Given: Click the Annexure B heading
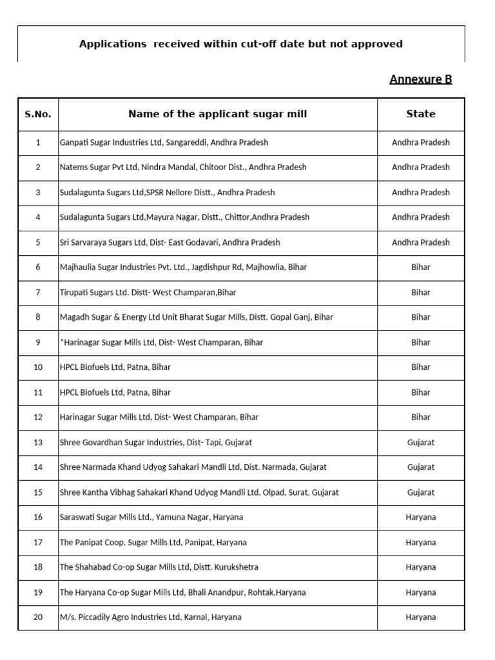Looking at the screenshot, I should [x=420, y=79].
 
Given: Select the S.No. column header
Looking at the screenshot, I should [x=38, y=114].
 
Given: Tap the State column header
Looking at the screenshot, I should [x=421, y=114].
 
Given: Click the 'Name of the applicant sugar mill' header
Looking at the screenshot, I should [x=217, y=114].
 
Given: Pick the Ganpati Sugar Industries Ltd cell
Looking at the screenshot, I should [x=164, y=142].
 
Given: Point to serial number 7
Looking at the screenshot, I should [x=38, y=293].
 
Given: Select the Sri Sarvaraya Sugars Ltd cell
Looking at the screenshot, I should [x=170, y=242].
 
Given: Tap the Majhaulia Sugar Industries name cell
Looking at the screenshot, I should [x=183, y=267].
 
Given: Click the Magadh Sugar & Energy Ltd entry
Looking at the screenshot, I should [x=196, y=317].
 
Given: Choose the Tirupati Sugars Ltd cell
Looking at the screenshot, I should [x=148, y=293].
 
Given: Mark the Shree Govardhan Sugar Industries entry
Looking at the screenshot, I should [x=155, y=442].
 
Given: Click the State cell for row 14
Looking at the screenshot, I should [x=421, y=467].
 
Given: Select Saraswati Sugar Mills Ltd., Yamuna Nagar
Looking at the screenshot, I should [x=151, y=517].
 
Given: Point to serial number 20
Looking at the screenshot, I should [x=38, y=617].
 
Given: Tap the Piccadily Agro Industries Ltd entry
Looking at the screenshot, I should [x=150, y=617].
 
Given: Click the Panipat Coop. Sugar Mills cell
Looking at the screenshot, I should [x=153, y=542].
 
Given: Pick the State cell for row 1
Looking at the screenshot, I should [x=421, y=142].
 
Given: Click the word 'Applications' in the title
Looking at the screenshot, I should [x=113, y=44].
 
